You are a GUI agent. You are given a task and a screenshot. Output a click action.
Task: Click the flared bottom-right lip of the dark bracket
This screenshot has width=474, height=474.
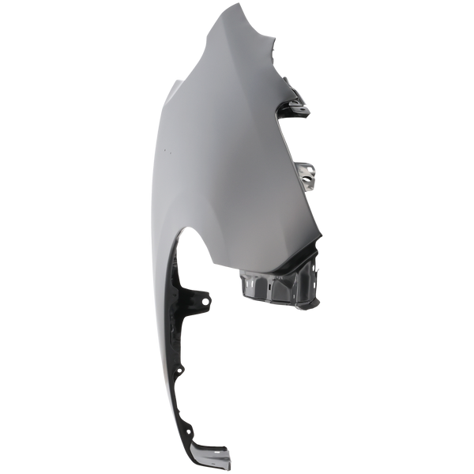(x=315, y=304)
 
